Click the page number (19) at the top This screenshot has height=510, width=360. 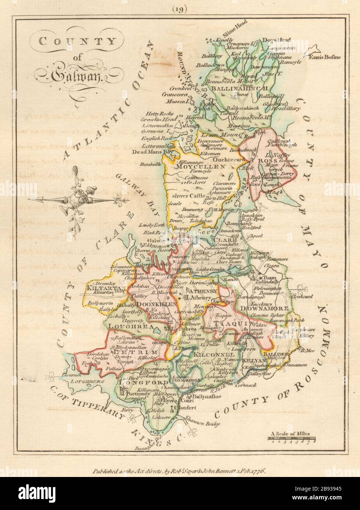click(180, 10)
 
